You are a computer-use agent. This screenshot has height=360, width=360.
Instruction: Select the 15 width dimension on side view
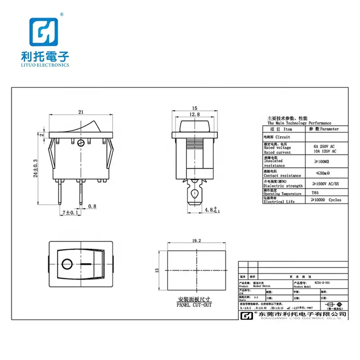[x=194, y=108]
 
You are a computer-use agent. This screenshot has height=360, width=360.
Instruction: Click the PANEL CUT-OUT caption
[x=194, y=305]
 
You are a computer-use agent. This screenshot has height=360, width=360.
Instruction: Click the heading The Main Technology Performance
[x=299, y=123]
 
